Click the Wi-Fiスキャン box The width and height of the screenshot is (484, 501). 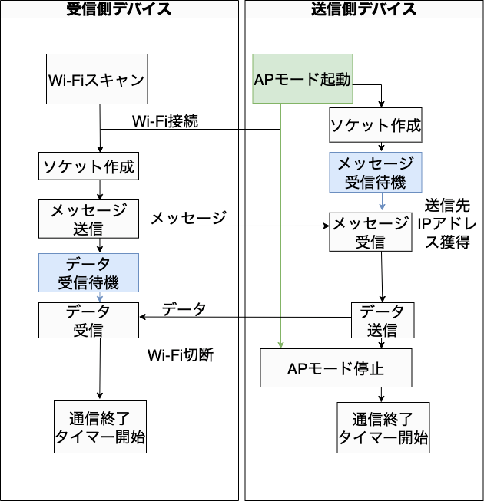97,79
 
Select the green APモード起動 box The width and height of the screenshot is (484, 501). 303,78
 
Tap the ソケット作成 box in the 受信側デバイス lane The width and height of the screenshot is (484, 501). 88,166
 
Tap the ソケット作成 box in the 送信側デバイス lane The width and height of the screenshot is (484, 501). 376,125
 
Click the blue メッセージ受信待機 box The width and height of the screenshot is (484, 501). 376,172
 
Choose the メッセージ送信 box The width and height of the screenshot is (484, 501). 88,219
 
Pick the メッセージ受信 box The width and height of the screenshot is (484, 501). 370,232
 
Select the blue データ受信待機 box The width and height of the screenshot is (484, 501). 88,273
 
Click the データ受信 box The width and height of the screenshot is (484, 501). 88,321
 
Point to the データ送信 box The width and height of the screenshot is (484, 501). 383,321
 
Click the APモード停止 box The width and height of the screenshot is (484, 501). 336,368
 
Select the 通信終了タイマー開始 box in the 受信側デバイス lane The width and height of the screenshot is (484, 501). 100,427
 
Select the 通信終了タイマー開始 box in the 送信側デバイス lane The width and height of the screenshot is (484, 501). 383,428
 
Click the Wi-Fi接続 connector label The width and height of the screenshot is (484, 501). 165,121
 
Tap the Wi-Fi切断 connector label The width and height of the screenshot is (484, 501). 181,355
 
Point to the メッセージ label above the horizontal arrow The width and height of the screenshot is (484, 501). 189,218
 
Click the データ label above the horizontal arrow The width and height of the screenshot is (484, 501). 184,309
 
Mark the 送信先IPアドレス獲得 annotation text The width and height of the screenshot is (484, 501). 447,224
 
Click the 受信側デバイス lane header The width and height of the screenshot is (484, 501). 119,9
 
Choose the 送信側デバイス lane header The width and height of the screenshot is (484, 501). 364,9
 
